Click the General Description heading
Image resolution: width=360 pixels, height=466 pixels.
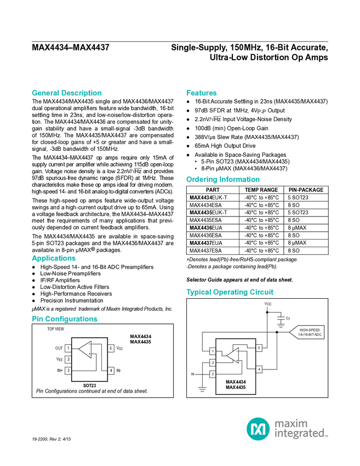tap(66, 93)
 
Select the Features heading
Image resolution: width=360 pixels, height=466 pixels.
tap(202, 93)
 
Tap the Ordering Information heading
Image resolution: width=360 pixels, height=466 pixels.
tap(222, 180)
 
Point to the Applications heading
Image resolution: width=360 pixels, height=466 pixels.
tap(54, 258)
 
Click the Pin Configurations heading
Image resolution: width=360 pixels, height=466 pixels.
tap(65, 319)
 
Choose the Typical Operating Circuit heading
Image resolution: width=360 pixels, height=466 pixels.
tap(230, 292)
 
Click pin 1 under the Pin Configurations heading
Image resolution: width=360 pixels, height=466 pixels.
tap(68, 348)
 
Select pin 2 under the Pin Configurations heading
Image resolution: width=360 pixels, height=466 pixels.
tap(68, 360)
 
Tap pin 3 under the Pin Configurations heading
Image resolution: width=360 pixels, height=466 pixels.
tap(68, 371)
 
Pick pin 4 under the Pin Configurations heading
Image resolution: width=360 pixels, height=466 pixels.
tap(111, 371)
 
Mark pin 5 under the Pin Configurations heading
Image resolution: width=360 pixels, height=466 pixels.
tap(111, 348)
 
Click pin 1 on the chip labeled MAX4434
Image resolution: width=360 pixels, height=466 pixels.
tap(213, 351)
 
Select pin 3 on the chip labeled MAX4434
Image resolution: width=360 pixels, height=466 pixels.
tap(213, 374)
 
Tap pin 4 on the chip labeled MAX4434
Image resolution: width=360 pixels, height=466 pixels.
tap(259, 370)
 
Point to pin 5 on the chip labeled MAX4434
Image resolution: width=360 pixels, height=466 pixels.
tap(259, 348)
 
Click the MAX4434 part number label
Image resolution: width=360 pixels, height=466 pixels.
tap(236, 383)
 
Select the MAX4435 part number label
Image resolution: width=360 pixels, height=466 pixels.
tap(236, 389)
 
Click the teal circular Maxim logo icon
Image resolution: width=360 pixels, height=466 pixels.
tap(258, 428)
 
